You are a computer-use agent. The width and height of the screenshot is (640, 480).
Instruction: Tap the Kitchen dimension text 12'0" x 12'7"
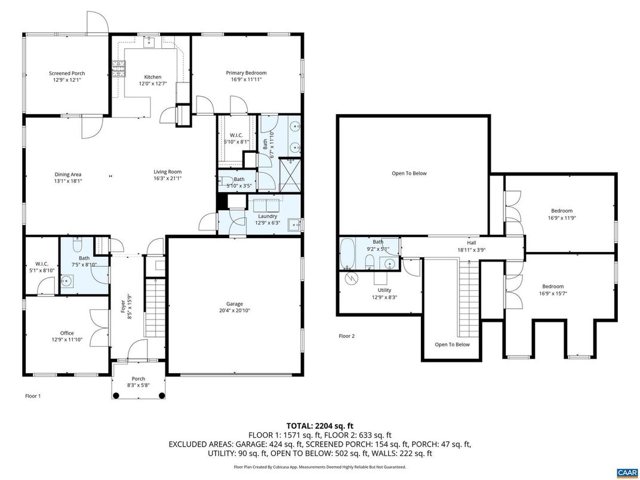click(152, 84)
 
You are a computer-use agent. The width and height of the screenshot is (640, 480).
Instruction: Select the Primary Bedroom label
click(246, 73)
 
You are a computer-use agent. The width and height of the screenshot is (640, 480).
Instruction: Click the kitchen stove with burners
click(118, 69)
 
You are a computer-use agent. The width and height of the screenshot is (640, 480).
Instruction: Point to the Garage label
click(234, 304)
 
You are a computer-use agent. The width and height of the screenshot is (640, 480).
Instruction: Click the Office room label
click(67, 333)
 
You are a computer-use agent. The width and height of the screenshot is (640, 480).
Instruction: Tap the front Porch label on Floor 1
click(138, 379)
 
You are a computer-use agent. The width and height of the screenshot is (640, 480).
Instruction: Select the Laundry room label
click(267, 216)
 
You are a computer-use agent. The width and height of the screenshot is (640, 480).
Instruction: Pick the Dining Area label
click(67, 174)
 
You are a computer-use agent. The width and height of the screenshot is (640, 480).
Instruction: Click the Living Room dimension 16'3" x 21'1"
click(167, 178)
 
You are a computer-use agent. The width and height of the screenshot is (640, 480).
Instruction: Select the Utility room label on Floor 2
click(384, 290)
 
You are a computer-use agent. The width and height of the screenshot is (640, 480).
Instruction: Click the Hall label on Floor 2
click(471, 243)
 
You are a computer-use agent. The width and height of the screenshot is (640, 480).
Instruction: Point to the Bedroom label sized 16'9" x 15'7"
click(552, 287)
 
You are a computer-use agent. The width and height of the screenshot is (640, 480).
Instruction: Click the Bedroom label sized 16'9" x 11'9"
click(561, 211)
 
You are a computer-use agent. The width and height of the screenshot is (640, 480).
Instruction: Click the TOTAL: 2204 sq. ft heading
click(319, 426)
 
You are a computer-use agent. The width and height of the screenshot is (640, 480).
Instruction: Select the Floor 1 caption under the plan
click(33, 396)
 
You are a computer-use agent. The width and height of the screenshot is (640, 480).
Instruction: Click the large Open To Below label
click(409, 173)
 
